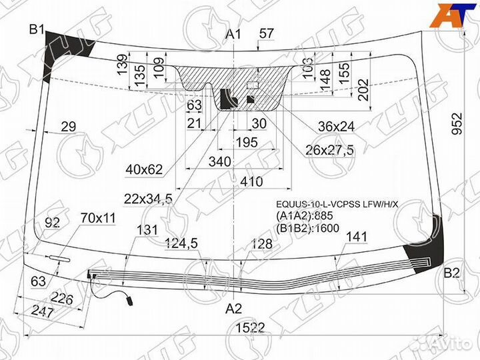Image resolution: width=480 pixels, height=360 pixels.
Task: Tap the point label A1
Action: click(233, 35)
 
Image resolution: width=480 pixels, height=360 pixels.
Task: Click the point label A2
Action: click(233, 309)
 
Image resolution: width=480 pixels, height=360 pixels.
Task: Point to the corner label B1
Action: click(36, 29)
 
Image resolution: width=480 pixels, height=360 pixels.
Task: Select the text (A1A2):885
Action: click(304, 215)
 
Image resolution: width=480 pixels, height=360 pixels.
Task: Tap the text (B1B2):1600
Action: click(308, 228)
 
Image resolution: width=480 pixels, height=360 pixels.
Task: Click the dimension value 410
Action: click(252, 181)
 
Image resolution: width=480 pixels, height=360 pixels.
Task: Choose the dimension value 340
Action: click(219, 161)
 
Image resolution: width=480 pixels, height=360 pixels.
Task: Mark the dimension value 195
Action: click(246, 142)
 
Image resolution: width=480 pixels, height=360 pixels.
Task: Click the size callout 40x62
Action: click(144, 170)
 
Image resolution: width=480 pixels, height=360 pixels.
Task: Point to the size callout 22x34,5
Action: click(147, 198)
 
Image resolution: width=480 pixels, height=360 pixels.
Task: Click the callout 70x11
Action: click(98, 217)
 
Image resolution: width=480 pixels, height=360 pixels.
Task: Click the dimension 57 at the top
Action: click(267, 33)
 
